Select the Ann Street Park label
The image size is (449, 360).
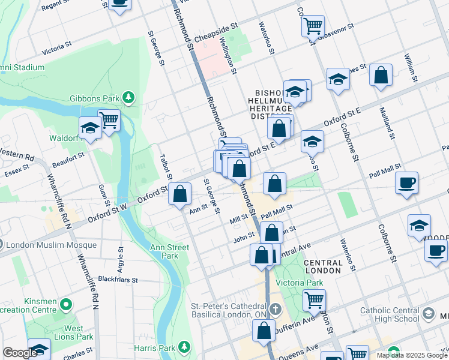click(165, 251)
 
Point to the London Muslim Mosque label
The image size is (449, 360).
click(52, 245)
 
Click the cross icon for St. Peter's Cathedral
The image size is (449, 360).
click(275, 310)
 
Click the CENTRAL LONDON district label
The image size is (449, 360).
click(323, 266)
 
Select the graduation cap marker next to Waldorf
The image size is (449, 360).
click(90, 127)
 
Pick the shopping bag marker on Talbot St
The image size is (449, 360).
click(179, 194)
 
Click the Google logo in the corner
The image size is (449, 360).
click(20, 353)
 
